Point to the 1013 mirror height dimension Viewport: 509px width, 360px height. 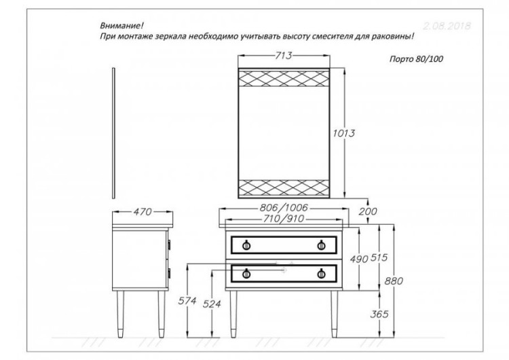tap(345, 134)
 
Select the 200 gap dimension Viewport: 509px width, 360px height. tap(368, 212)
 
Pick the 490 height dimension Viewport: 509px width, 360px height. tap(360, 259)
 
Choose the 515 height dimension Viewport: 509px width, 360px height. tap(381, 259)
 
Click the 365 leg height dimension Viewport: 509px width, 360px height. tap(381, 313)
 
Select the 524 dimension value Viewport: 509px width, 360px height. tap(212, 305)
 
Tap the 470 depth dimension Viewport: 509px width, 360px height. tap(140, 212)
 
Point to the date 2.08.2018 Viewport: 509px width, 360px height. tap(446, 26)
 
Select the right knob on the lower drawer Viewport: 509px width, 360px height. tap(320, 274)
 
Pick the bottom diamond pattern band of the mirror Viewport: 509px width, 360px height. tap(283, 185)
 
